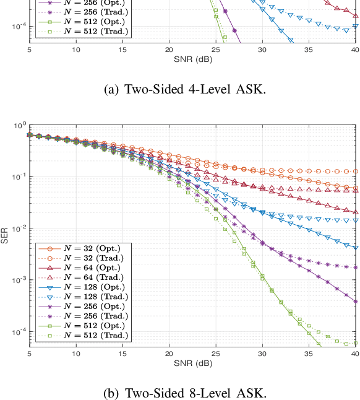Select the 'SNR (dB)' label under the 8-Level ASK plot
coord(192,362)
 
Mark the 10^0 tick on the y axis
coord(18,126)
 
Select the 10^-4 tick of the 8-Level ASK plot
coord(18,332)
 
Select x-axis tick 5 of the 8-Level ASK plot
coord(30,354)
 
